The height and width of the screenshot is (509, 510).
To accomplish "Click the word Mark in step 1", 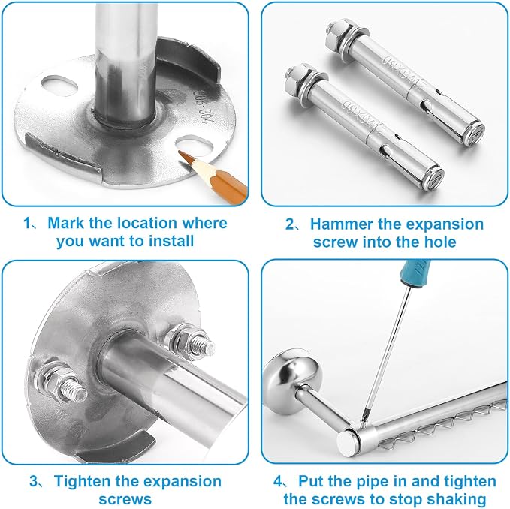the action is tap(66, 223).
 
